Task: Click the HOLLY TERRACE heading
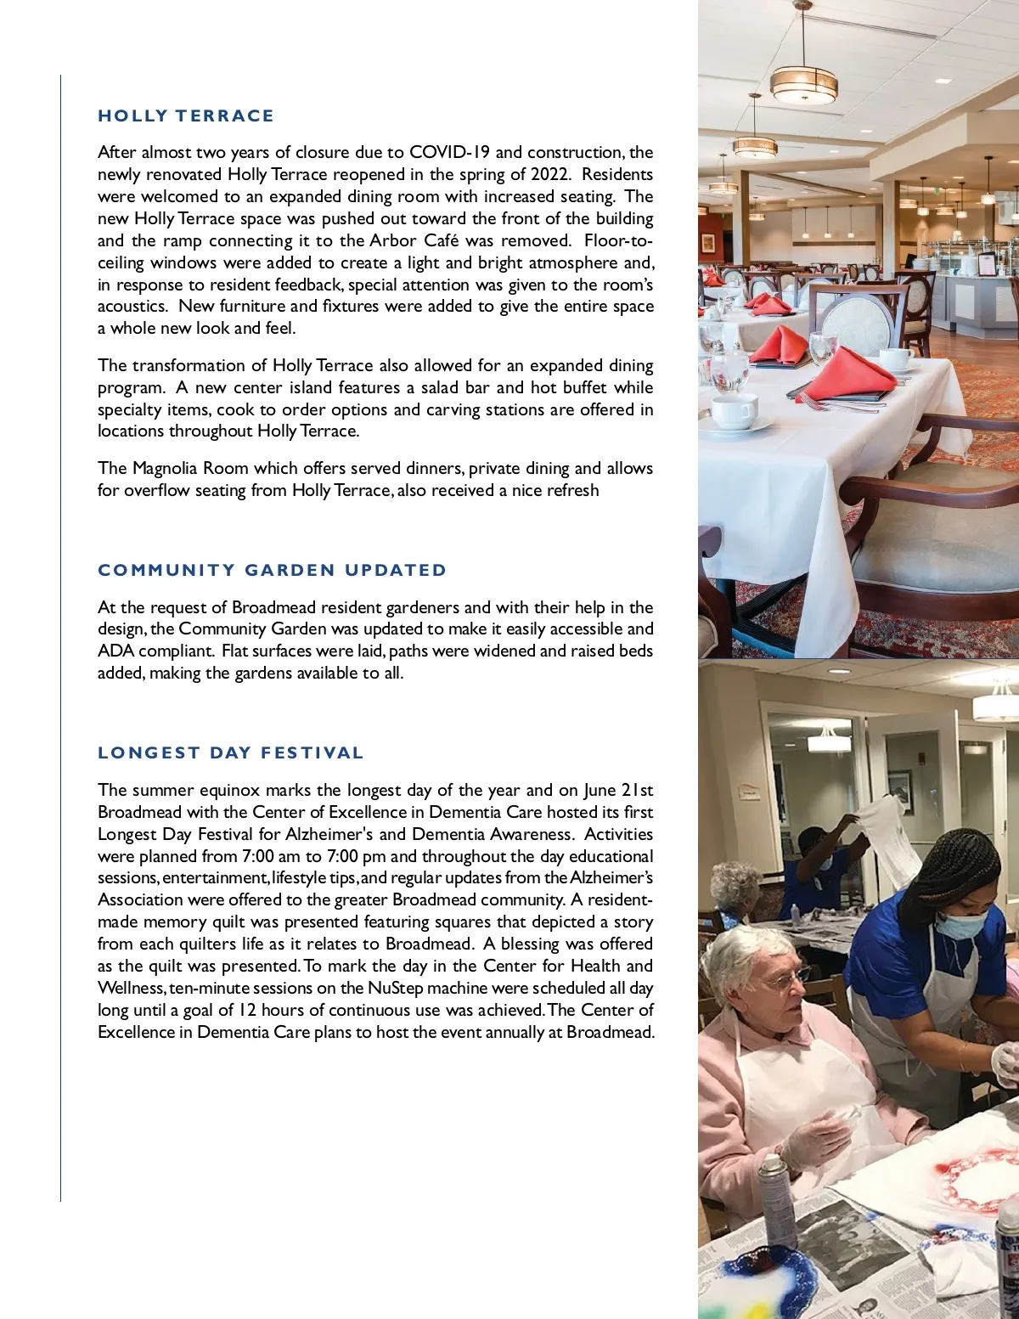[186, 116]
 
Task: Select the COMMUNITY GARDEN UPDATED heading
[272, 570]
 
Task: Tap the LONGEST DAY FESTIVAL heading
[230, 753]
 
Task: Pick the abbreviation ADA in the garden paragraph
[115, 651]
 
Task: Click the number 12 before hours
[247, 1011]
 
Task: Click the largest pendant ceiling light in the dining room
[803, 84]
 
